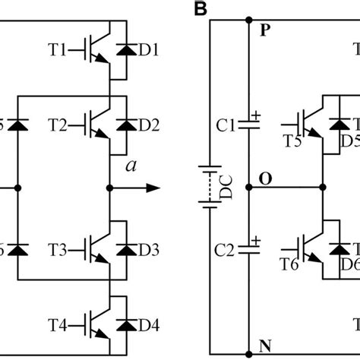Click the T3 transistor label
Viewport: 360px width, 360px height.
[x=58, y=250]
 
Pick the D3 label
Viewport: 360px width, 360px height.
[x=149, y=250]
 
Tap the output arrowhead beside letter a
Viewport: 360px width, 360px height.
[x=155, y=187]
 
